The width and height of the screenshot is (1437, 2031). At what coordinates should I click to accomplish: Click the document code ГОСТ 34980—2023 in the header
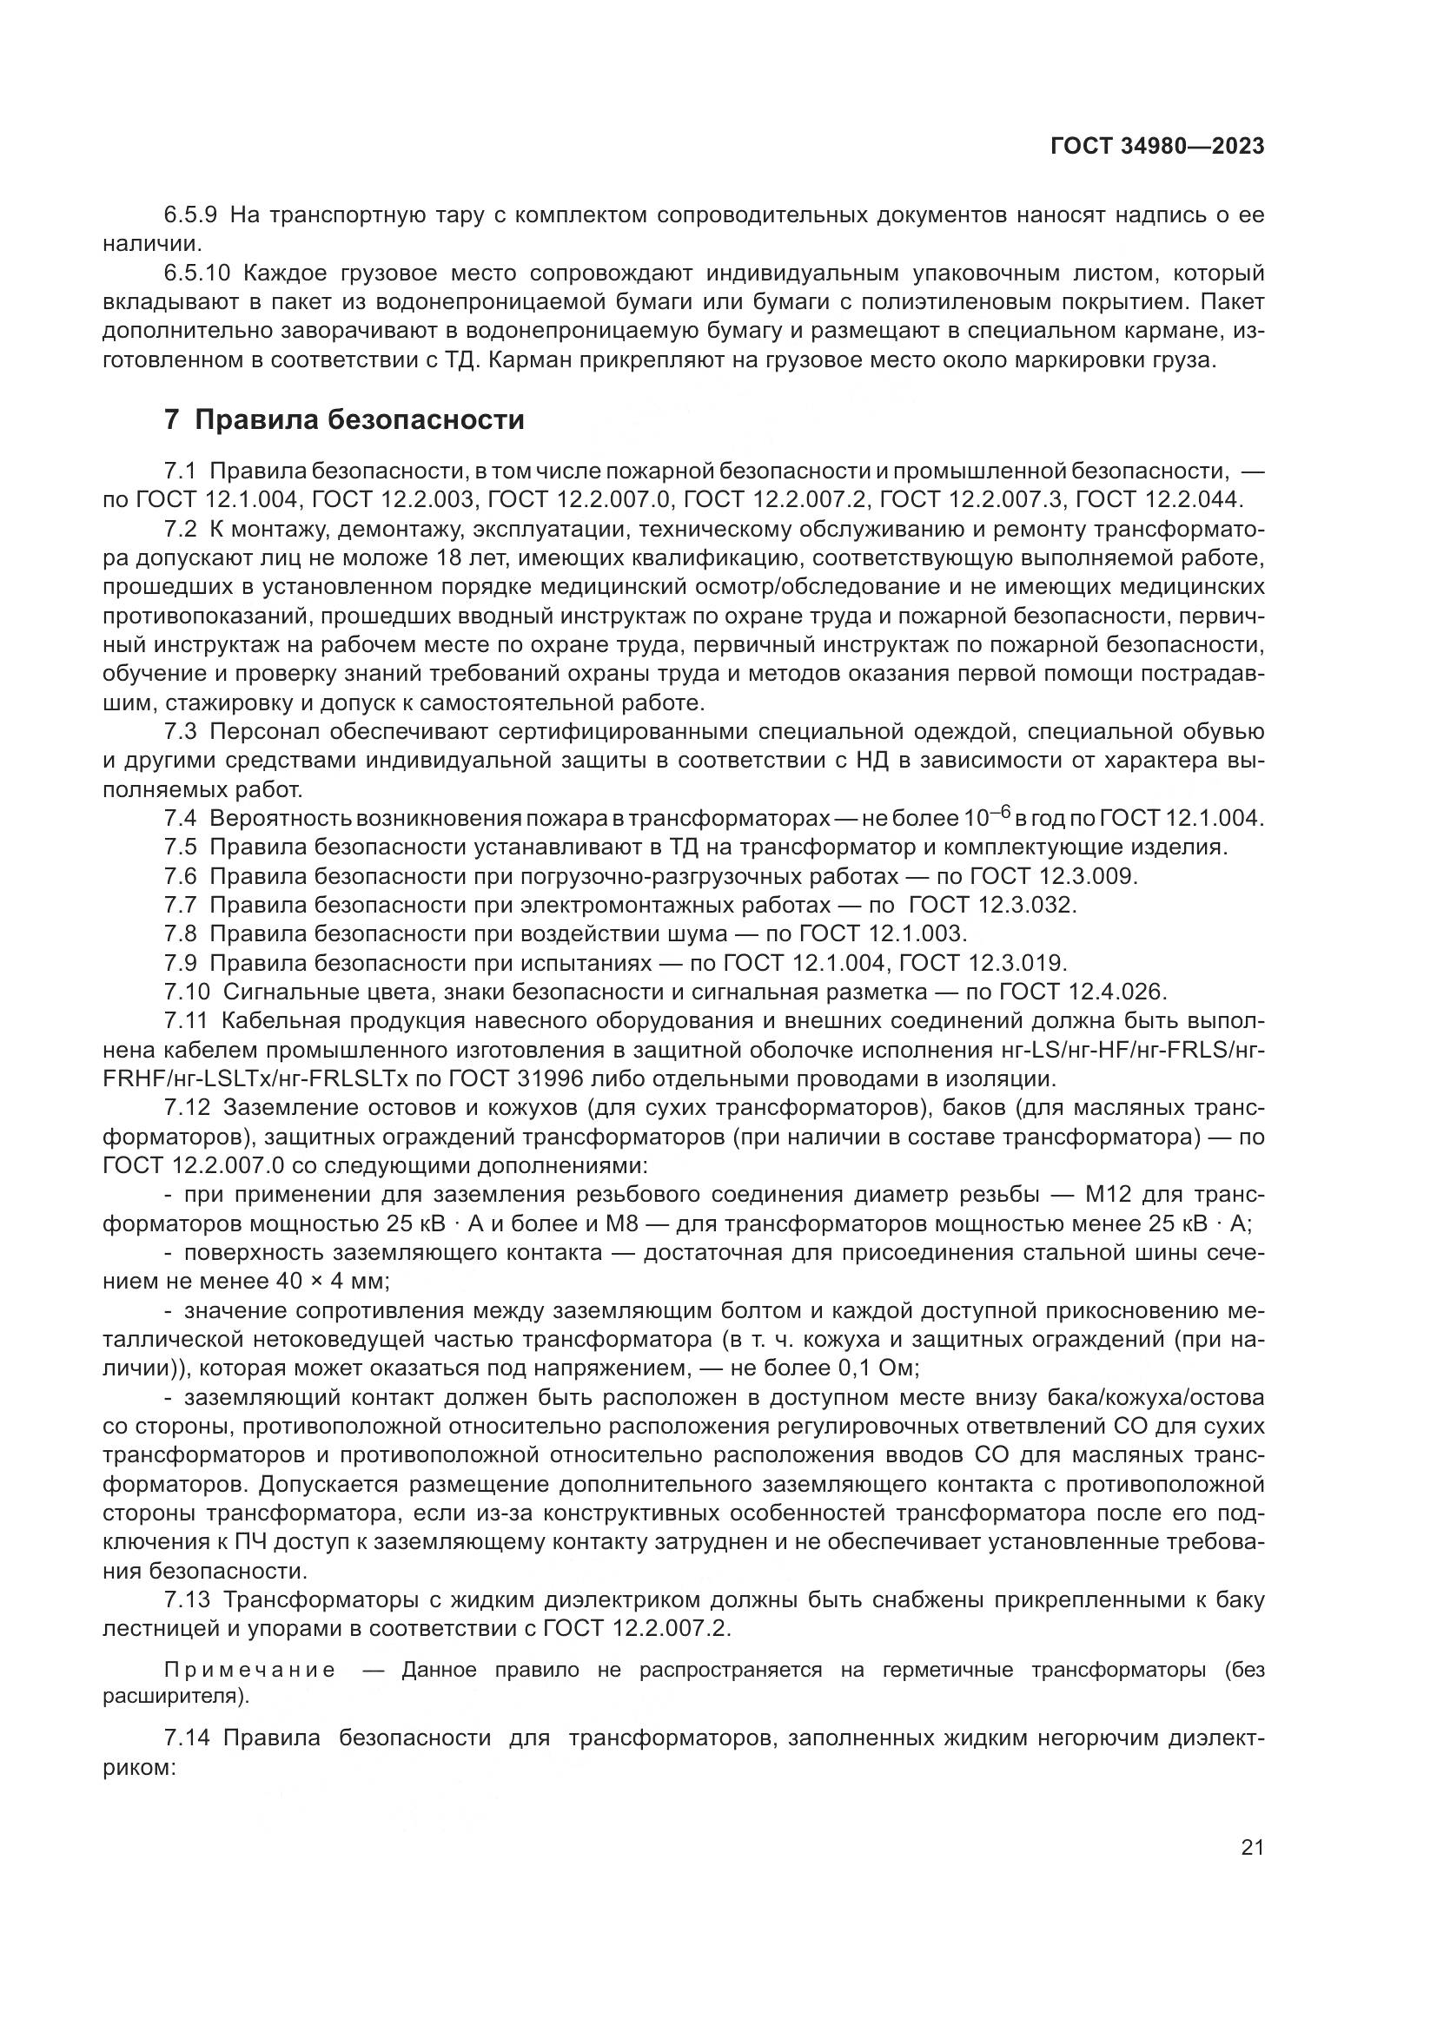coord(1157,147)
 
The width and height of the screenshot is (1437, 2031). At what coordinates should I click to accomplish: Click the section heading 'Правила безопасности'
coord(360,419)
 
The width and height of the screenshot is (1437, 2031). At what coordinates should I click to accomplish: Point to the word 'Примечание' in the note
coord(250,1670)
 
